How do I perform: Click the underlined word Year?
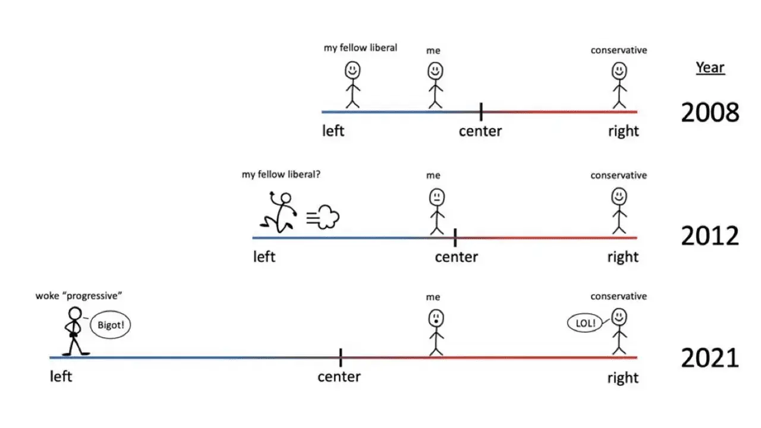(x=710, y=67)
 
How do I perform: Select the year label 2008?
(x=710, y=112)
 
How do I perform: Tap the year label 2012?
(x=710, y=237)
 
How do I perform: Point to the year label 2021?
(x=710, y=358)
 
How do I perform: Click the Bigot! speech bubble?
(x=110, y=326)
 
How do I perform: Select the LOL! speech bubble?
(x=586, y=324)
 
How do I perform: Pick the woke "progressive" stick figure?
(x=75, y=331)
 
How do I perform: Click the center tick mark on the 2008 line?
(x=481, y=111)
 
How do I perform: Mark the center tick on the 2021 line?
(x=341, y=358)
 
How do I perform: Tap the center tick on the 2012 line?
(x=455, y=238)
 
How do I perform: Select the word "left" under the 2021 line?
(x=61, y=377)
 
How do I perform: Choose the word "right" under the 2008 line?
(x=623, y=131)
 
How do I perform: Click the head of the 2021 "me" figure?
(x=436, y=318)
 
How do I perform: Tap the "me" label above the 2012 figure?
(x=433, y=175)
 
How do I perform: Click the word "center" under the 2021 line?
(x=339, y=377)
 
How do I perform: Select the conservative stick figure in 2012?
(x=620, y=210)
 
